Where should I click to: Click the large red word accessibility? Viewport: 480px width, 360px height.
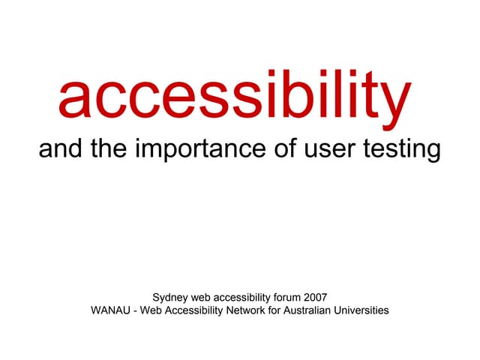pos(235,97)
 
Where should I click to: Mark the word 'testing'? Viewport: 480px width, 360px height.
pos(400,150)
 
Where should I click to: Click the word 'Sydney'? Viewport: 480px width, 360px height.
pos(169,297)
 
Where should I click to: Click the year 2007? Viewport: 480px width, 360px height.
pos(315,297)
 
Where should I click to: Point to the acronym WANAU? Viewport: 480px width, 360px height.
pos(109,310)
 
